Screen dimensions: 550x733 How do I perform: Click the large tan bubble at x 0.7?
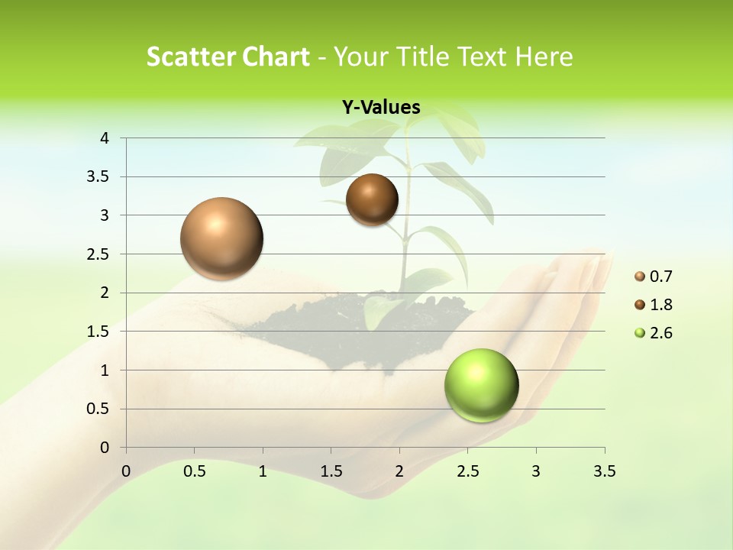(221, 238)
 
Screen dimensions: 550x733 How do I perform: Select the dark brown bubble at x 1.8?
(372, 200)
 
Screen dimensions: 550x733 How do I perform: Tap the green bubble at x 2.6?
(481, 386)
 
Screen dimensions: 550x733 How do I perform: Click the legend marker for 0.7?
(640, 277)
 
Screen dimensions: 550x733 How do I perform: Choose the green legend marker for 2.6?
(640, 333)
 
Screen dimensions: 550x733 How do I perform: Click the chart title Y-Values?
(381, 107)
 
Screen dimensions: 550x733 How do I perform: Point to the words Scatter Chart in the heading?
(228, 57)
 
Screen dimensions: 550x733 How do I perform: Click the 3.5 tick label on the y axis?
(99, 176)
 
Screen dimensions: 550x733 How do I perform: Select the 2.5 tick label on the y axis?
(99, 254)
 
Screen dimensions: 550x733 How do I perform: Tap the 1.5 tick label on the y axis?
(99, 332)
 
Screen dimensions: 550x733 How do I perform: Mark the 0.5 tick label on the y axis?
(99, 409)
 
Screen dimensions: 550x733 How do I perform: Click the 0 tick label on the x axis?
(126, 471)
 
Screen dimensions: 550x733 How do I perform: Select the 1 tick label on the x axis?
(263, 471)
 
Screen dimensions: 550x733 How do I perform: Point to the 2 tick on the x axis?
(399, 471)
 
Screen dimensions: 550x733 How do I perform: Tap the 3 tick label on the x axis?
(536, 471)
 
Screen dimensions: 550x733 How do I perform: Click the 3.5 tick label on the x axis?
(604, 471)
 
